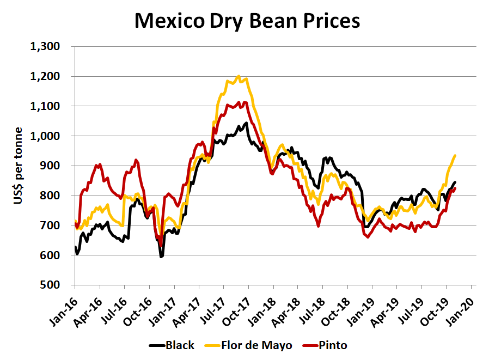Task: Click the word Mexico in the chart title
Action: [168, 21]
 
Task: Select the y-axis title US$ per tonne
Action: [18, 166]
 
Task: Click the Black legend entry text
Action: [179, 345]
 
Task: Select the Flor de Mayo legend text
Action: [256, 345]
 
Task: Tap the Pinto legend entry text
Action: [335, 345]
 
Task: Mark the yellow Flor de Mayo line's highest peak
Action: [239, 76]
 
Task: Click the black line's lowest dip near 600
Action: [161, 257]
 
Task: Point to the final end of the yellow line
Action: [455, 156]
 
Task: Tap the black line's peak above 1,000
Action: [246, 123]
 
